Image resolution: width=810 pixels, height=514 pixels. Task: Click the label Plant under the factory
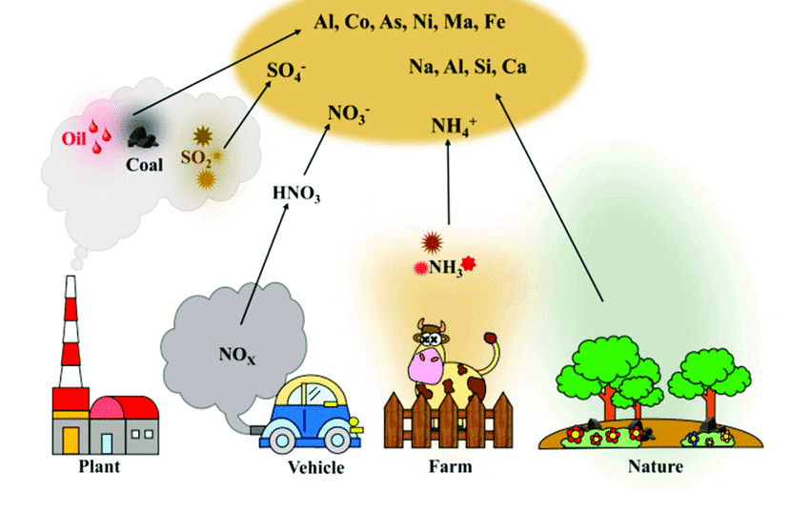(99, 468)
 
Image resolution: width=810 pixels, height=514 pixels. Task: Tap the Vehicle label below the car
(315, 468)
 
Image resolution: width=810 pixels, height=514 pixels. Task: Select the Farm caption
(450, 467)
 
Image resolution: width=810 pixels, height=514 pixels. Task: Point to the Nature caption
(656, 467)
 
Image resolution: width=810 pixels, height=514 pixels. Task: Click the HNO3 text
(296, 194)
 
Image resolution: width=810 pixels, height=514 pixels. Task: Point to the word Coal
(145, 164)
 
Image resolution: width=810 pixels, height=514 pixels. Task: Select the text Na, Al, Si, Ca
(468, 68)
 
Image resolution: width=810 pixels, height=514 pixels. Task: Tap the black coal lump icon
(145, 139)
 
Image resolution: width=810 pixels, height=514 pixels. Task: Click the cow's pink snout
(426, 365)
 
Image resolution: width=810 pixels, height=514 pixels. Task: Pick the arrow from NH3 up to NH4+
(448, 181)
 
